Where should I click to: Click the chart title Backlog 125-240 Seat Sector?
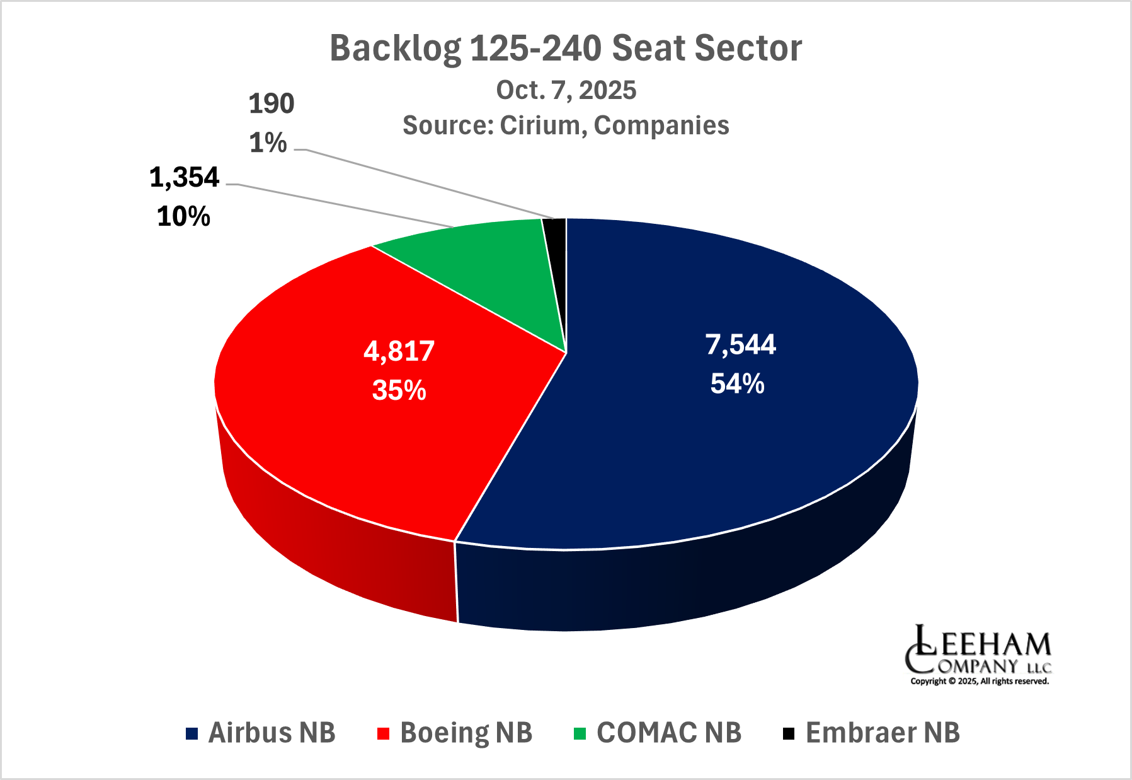(x=566, y=49)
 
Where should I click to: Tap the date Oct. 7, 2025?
(x=566, y=91)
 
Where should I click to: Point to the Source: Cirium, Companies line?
(x=566, y=125)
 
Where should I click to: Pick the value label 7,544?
(x=740, y=345)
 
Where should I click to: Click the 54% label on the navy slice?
(x=737, y=383)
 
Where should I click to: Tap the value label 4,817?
(x=399, y=351)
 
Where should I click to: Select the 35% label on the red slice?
(x=399, y=390)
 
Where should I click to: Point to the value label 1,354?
(x=184, y=178)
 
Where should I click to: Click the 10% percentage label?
(x=183, y=217)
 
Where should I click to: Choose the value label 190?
(x=272, y=104)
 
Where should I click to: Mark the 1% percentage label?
(x=268, y=144)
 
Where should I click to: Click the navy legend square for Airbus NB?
(x=192, y=733)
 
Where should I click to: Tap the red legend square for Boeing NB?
(x=384, y=733)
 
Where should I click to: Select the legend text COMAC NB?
(x=669, y=733)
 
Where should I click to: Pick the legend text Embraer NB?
(x=883, y=733)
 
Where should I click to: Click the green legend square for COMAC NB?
(x=580, y=733)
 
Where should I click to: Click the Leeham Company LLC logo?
(x=978, y=649)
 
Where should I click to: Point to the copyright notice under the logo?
(x=980, y=681)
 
